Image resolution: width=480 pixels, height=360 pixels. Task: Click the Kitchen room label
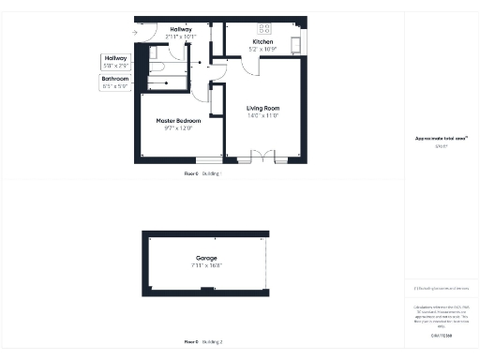[262, 41]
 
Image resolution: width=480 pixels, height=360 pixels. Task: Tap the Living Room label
[263, 108]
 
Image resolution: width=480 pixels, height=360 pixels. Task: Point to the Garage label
[206, 257]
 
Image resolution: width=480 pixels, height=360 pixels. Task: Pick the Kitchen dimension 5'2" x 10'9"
[262, 48]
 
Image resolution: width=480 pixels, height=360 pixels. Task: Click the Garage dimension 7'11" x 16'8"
[206, 264]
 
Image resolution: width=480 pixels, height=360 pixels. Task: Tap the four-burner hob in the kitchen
[263, 27]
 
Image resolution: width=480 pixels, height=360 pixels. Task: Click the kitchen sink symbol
[296, 43]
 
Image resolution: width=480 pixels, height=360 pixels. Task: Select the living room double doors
[267, 157]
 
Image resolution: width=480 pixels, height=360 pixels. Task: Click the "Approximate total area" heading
[441, 139]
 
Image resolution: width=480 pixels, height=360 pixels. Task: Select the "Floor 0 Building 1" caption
[202, 174]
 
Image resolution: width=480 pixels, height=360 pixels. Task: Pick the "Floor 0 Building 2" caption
[202, 342]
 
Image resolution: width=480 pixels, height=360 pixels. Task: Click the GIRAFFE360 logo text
[441, 336]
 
